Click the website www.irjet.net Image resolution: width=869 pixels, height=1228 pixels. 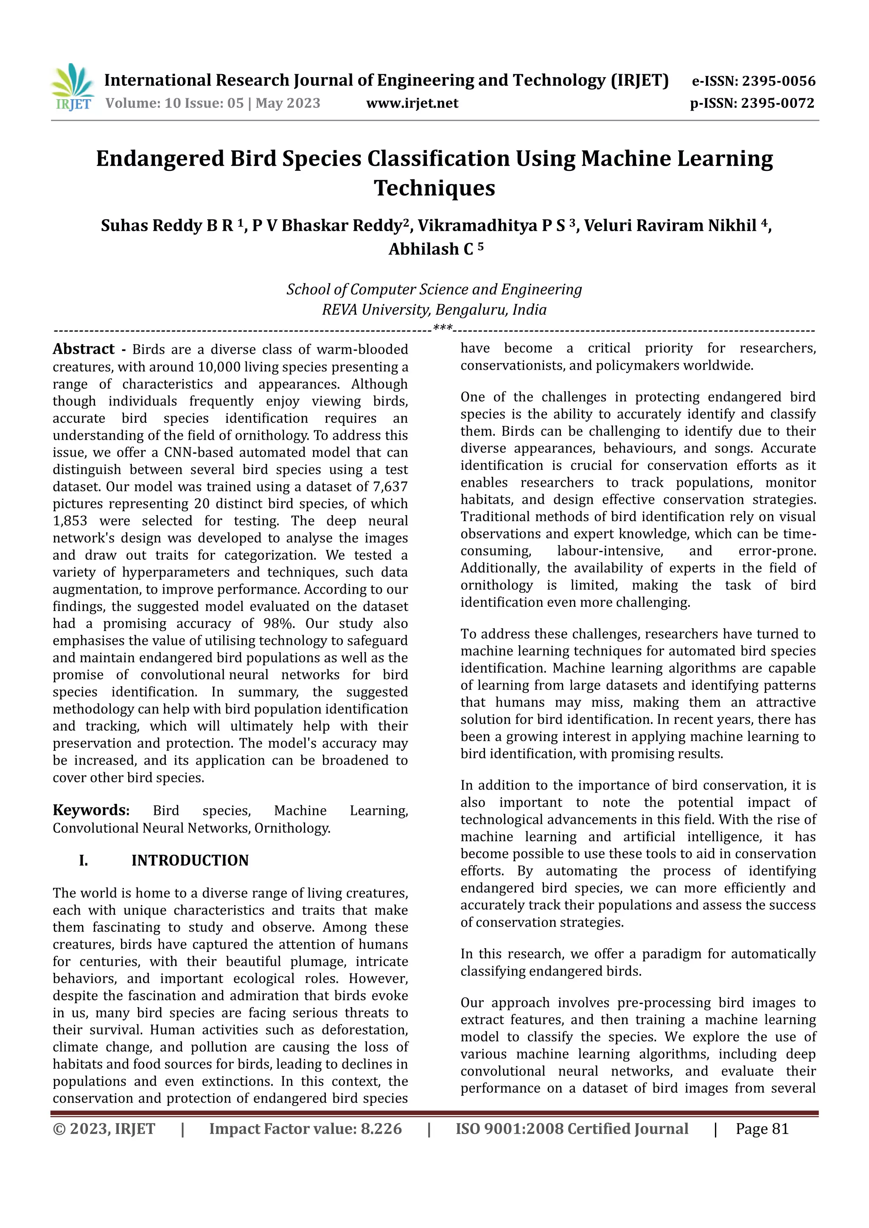[412, 103]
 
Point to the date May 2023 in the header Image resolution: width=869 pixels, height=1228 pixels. [288, 103]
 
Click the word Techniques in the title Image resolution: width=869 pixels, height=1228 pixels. [434, 188]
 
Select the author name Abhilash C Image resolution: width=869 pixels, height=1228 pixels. [431, 249]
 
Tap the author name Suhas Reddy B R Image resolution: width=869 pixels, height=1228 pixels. [167, 226]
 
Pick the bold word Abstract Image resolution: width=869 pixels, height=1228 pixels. [84, 349]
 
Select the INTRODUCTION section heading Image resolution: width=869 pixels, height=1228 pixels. [190, 860]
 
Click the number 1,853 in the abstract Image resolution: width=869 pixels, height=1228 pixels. [70, 521]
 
